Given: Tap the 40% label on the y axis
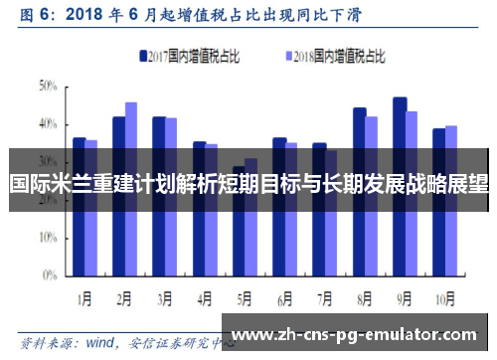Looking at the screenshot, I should click(x=49, y=124).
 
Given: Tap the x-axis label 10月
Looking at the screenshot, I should click(x=444, y=296).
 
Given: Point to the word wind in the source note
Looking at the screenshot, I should click(x=101, y=342).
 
